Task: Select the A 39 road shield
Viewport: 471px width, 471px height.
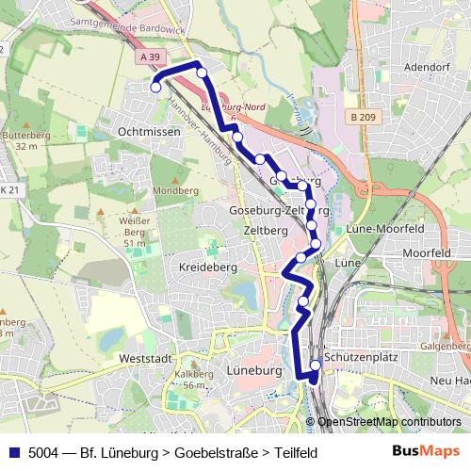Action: point(148,57)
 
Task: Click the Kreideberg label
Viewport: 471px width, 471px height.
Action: point(205,268)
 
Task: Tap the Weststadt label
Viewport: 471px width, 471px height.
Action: point(146,359)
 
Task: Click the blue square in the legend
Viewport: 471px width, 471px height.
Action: point(13,453)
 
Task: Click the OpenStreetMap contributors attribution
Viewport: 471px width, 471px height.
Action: point(388,422)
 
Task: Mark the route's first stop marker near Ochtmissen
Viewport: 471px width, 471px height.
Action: point(155,88)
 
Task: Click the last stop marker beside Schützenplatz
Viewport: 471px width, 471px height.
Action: point(315,366)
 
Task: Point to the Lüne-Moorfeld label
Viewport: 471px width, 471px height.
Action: point(384,229)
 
